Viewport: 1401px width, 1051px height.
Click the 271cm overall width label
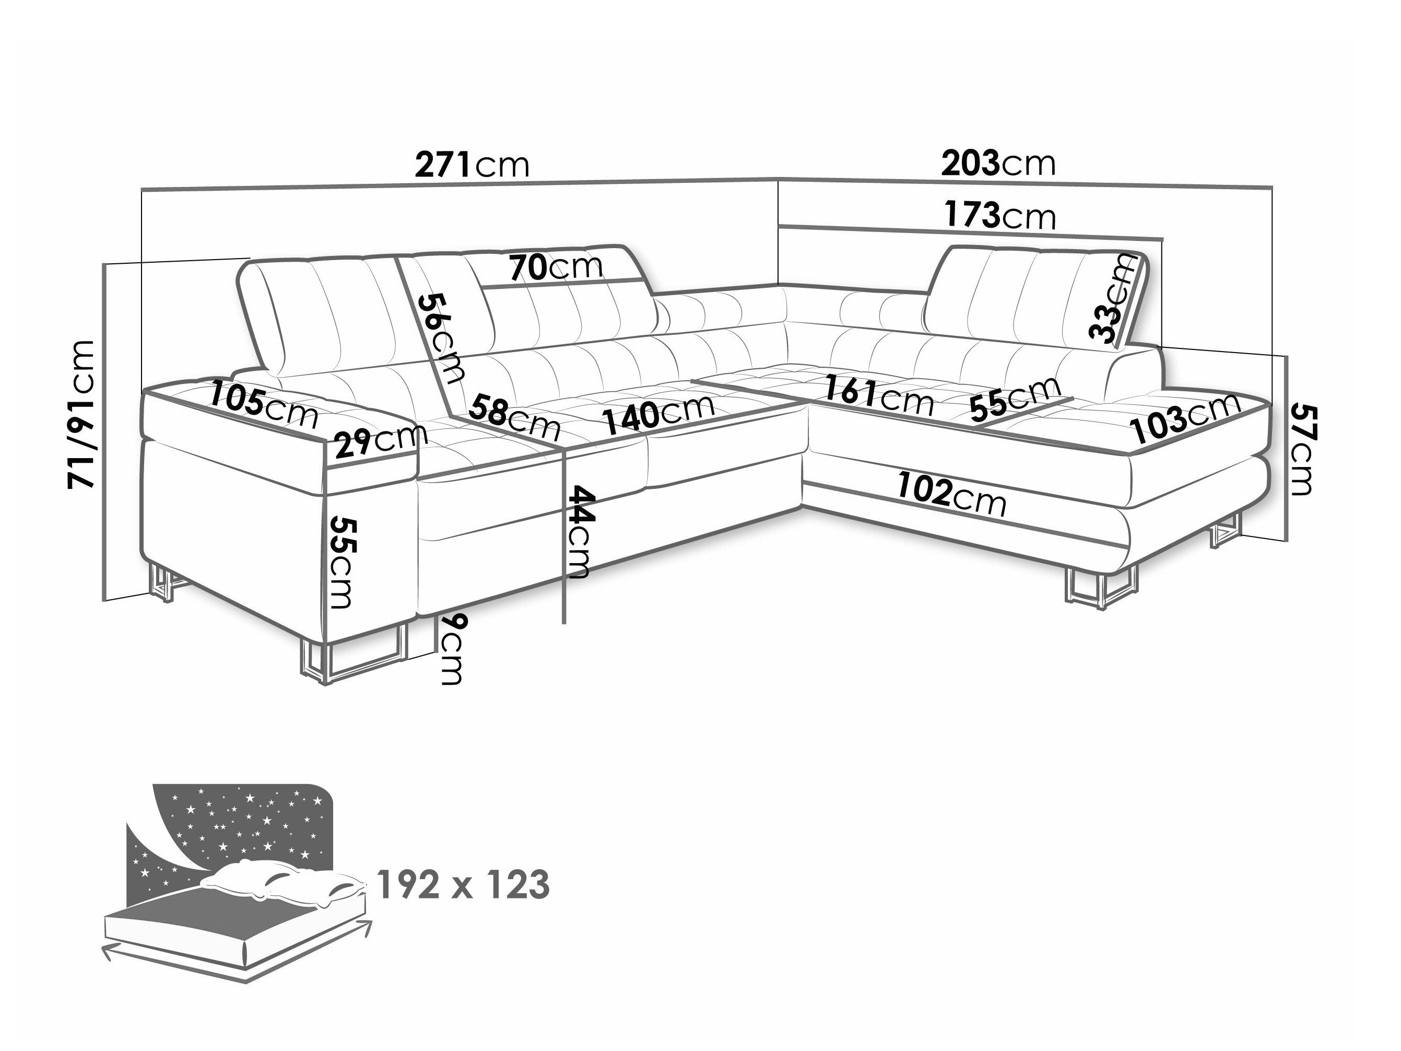click(x=472, y=165)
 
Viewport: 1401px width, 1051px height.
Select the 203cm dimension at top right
click(x=999, y=164)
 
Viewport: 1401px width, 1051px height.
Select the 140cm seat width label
click(x=658, y=412)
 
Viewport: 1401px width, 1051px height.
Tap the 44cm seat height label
click(x=580, y=532)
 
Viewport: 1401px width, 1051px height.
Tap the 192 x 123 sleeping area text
click(x=464, y=885)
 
